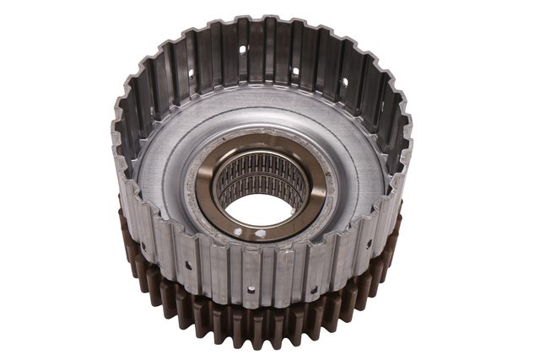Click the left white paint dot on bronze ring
pyautogui.click(x=239, y=230)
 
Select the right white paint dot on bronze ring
pyautogui.click(x=260, y=234)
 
